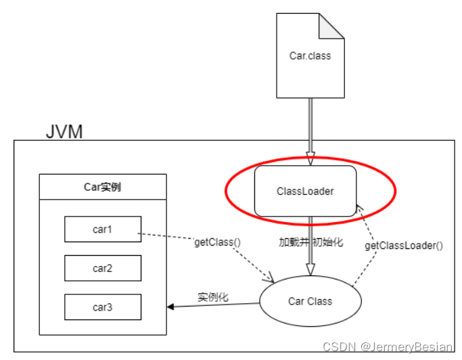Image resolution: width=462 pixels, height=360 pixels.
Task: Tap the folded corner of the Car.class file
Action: coord(331,26)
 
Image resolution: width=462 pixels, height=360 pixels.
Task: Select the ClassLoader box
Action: coord(305,192)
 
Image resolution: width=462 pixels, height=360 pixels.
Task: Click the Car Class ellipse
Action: coord(310,301)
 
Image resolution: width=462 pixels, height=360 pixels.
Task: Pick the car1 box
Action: coord(103,229)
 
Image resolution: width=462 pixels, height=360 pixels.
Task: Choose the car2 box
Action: coord(103,268)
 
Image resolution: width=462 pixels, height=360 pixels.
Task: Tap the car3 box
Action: coord(103,307)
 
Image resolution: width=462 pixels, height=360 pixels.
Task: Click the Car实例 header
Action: coord(103,187)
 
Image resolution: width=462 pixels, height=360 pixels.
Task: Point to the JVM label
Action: coord(64,131)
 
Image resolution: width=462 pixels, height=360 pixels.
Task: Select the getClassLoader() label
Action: coord(404,246)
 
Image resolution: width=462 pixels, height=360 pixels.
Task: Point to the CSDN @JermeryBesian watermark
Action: coord(387,346)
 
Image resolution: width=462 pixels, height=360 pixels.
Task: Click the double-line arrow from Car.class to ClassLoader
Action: coord(310,129)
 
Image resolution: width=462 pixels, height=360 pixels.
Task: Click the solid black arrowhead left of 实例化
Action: coord(172,307)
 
